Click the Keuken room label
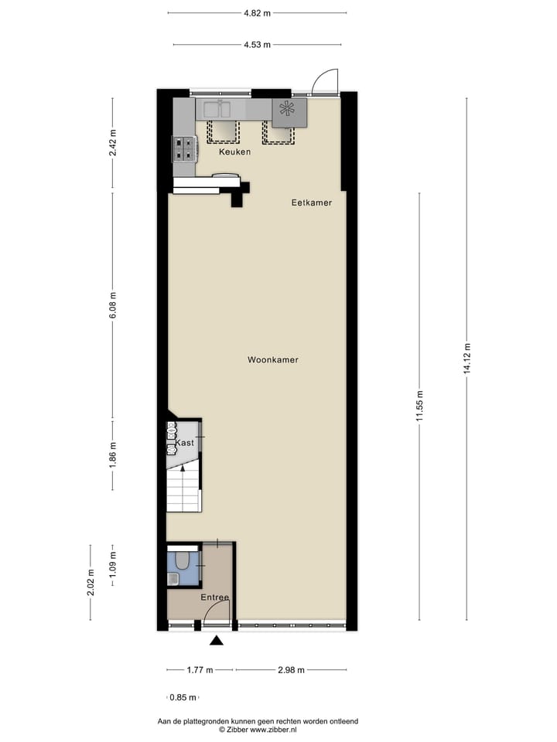coord(234,152)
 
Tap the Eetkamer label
coord(312,203)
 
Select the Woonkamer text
coord(273,360)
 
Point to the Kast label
coord(185,443)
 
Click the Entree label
coord(214,598)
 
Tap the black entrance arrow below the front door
coord(217,640)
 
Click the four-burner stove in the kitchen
coord(183,148)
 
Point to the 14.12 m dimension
coord(466,359)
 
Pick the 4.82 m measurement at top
coord(257,13)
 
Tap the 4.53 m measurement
coord(257,45)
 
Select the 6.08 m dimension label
coord(113,305)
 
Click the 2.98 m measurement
coord(291,670)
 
